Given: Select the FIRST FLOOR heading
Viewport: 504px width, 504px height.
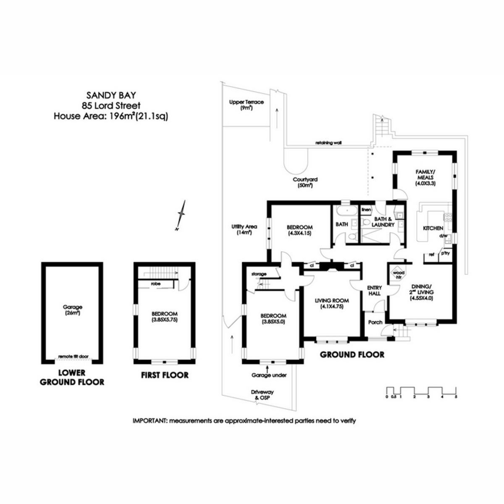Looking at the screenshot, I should click(x=164, y=375).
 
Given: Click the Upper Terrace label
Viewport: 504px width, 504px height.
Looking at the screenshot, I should click(x=246, y=105).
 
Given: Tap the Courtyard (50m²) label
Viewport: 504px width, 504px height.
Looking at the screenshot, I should click(x=305, y=182).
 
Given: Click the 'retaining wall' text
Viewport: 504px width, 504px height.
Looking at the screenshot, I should click(x=328, y=143).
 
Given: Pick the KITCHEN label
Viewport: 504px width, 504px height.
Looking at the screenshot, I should click(x=433, y=228).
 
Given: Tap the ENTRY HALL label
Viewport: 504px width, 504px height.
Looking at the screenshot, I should click(x=374, y=291).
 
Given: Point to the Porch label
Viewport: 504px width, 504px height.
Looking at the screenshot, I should click(x=375, y=322).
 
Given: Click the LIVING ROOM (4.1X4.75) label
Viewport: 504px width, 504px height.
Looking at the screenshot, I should click(x=332, y=303).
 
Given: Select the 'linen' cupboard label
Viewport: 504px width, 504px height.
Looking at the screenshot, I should click(x=366, y=210).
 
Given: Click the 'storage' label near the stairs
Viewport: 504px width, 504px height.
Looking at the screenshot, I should click(x=259, y=274).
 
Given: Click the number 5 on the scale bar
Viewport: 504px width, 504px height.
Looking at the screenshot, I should click(x=456, y=396).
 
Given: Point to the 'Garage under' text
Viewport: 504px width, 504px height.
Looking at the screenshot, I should click(x=269, y=375).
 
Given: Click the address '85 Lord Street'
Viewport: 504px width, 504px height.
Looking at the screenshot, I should click(x=111, y=106).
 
